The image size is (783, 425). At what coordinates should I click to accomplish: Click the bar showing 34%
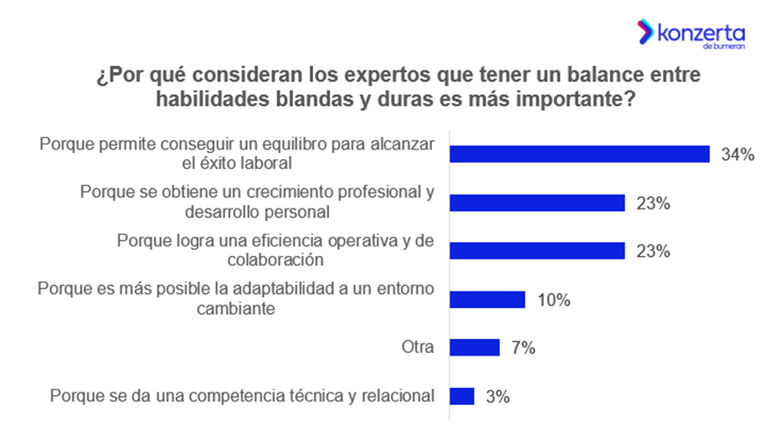579,154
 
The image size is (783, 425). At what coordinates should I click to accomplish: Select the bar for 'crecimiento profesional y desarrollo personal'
537,202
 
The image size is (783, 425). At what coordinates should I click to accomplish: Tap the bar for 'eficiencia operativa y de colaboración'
537,251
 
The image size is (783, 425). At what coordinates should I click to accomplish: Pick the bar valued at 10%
487,299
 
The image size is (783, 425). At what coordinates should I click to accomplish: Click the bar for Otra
474,348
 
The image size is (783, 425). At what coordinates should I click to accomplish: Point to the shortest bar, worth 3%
462,396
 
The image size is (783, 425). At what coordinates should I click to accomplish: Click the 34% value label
737,155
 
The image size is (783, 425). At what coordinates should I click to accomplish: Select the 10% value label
553,300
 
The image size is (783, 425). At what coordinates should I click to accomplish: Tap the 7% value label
523,348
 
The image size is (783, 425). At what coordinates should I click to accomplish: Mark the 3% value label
498,397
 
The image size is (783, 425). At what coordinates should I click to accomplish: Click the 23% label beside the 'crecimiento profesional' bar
653,203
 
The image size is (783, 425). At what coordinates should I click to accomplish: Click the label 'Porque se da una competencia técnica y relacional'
243,396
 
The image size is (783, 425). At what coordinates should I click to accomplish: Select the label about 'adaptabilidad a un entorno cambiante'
237,299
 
